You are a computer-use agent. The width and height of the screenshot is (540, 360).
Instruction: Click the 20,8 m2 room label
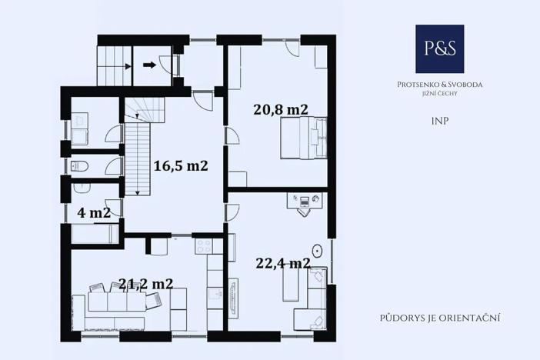(x=281, y=109)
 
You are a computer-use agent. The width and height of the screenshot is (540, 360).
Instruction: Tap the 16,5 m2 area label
(x=181, y=165)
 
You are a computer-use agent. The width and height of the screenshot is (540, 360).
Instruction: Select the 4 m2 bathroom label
(x=94, y=212)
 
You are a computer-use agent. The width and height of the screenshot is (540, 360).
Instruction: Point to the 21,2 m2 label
(x=145, y=283)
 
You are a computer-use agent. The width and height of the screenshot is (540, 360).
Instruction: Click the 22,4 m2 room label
(x=282, y=263)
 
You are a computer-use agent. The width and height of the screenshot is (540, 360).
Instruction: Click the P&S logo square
(x=439, y=48)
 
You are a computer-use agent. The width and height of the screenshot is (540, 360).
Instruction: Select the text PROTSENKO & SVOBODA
(x=440, y=84)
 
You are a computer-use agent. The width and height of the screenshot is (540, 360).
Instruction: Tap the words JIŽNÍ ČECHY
(x=440, y=94)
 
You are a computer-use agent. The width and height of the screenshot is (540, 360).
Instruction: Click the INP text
(x=440, y=121)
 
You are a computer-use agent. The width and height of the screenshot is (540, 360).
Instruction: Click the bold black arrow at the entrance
(x=149, y=65)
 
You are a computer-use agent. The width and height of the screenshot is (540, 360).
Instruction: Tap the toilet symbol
(x=78, y=165)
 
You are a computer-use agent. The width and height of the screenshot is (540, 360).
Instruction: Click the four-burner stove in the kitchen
(x=204, y=246)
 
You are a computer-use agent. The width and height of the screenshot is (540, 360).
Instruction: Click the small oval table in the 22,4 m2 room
(x=316, y=250)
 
